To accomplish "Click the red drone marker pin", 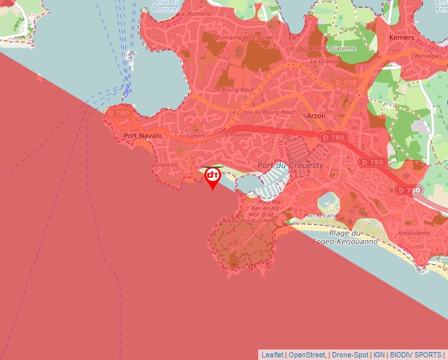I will pyautogui.click(x=212, y=176).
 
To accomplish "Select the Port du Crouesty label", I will pyautogui.click(x=291, y=165).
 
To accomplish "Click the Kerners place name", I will pyautogui.click(x=402, y=38).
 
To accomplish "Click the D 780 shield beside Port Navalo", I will pyautogui.click(x=118, y=113).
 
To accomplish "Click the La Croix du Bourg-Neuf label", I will pyautogui.click(x=262, y=113).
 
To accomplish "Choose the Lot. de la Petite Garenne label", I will pyautogui.click(x=321, y=49).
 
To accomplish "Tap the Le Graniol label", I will pyautogui.click(x=323, y=61).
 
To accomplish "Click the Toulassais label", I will pyautogui.click(x=163, y=164).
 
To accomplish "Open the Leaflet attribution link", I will pyautogui.click(x=272, y=355).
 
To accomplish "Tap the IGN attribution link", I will pyautogui.click(x=379, y=355).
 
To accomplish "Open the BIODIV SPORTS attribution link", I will pyautogui.click(x=416, y=355).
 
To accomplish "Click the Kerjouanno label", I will pyautogui.click(x=415, y=232).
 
